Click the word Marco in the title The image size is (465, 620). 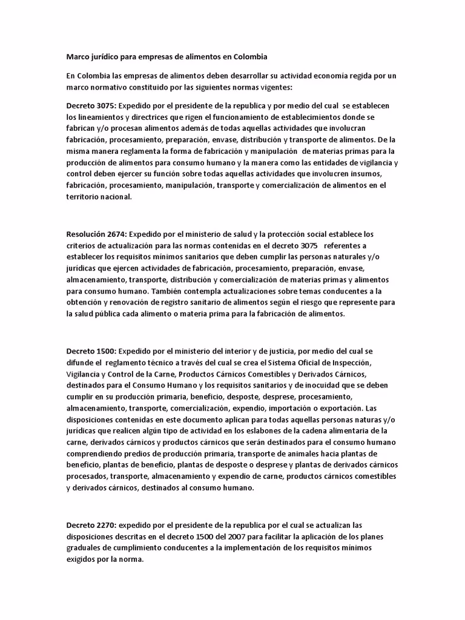click(77, 57)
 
